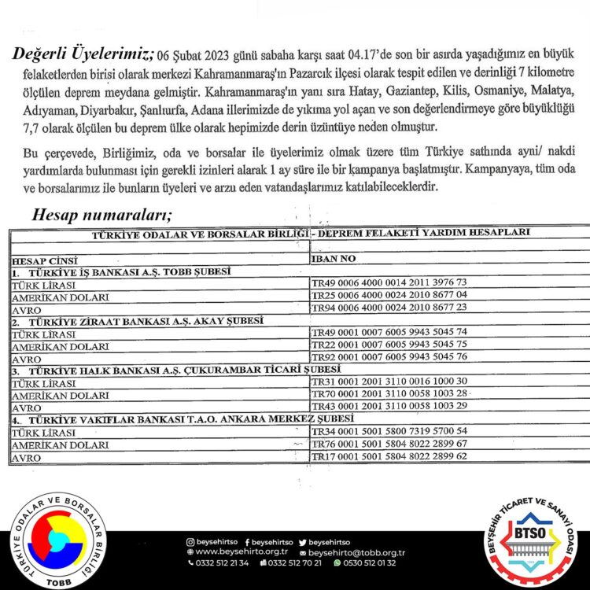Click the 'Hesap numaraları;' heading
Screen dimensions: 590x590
(x=102, y=214)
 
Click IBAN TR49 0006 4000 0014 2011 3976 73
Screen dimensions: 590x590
(x=389, y=282)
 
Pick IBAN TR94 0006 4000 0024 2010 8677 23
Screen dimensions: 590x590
(x=389, y=307)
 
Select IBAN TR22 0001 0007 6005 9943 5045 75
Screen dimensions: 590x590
(x=389, y=345)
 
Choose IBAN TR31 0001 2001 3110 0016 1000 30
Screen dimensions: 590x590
(x=389, y=382)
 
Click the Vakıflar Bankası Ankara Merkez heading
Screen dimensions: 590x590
(x=181, y=419)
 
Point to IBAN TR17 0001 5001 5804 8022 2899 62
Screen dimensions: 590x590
(x=389, y=457)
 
